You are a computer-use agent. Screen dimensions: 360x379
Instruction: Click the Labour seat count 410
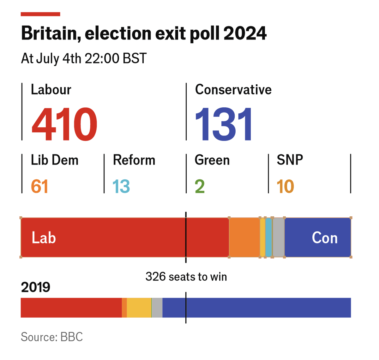64,124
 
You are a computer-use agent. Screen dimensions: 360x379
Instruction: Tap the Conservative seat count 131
224,124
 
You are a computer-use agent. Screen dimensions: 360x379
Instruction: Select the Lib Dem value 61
39,186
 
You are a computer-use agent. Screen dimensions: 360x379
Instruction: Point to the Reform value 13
121,186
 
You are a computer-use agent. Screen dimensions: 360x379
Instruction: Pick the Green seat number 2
200,186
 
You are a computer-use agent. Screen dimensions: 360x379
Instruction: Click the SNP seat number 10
285,186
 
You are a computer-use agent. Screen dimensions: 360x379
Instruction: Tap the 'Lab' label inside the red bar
44,238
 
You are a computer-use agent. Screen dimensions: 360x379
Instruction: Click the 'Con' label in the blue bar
325,238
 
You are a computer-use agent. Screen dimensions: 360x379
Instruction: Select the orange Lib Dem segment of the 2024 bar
244,237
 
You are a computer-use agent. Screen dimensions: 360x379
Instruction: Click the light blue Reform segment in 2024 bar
268,237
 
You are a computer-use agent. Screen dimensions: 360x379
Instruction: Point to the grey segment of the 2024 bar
278,237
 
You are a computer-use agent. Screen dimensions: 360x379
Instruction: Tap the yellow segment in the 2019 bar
139,308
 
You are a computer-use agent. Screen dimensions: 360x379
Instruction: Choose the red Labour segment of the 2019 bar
71,308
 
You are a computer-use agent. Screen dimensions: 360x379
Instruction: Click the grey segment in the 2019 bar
157,308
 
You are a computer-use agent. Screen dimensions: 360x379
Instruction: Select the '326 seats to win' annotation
186,277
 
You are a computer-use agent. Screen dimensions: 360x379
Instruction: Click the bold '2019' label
35,287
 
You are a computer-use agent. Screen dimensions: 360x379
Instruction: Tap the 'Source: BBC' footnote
52,337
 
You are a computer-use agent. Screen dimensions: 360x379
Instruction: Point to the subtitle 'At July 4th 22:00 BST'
84,59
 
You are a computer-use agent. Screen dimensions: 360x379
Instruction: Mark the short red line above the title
40,14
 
